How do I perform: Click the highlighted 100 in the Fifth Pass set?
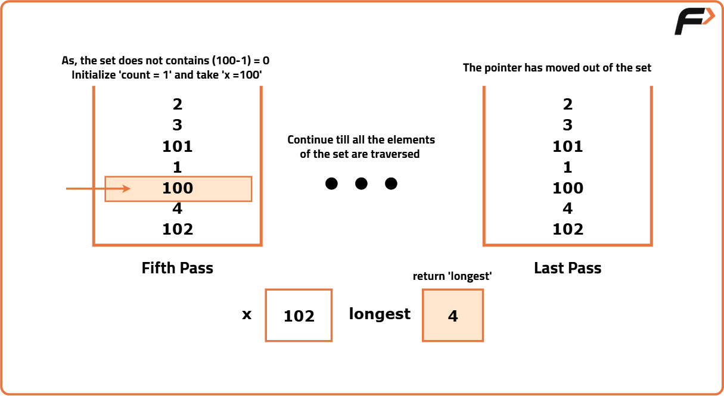(x=178, y=188)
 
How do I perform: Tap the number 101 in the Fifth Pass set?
(x=178, y=146)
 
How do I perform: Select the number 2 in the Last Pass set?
(x=567, y=104)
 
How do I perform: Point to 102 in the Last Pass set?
(x=568, y=229)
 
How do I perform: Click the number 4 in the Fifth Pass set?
(x=178, y=208)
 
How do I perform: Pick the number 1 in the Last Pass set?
(x=567, y=167)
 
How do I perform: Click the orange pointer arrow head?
(x=126, y=189)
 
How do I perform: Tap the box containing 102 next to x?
(x=299, y=315)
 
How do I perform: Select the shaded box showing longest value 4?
(x=453, y=315)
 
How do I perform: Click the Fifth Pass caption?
(x=178, y=268)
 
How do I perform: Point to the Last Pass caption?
(x=567, y=268)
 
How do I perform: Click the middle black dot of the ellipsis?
(x=361, y=184)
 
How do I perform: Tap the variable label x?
(x=247, y=314)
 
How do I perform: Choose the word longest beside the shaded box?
(x=380, y=314)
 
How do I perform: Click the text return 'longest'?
(x=452, y=276)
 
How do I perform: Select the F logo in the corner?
(x=694, y=21)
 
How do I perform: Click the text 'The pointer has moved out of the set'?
(x=557, y=68)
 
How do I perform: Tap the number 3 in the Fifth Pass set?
(x=178, y=125)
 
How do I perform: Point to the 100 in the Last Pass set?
(x=568, y=188)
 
